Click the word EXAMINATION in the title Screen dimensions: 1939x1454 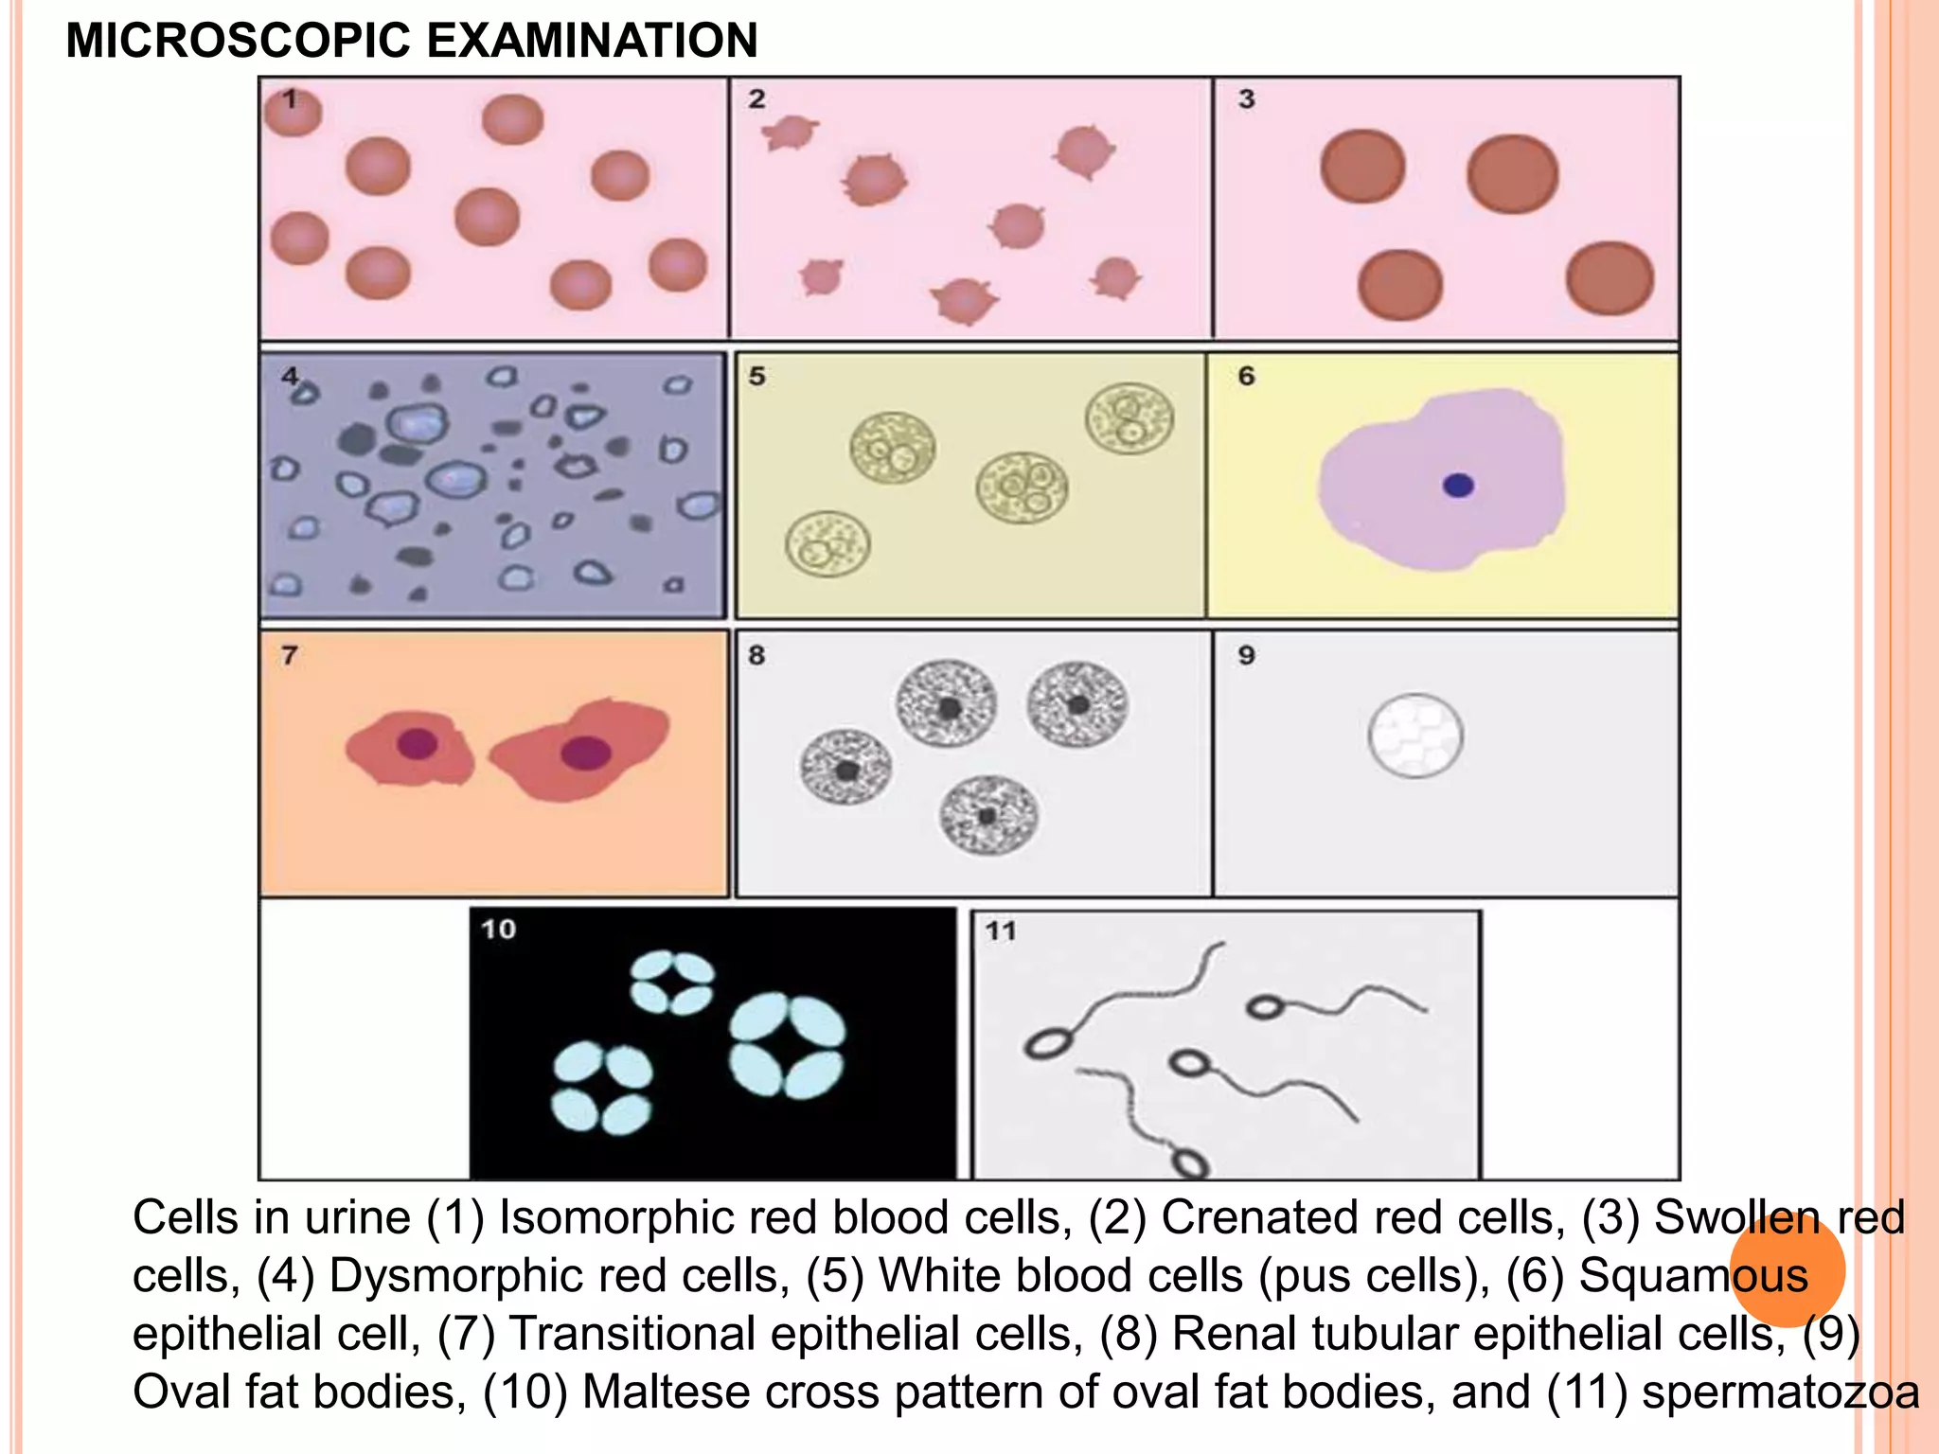[x=592, y=41]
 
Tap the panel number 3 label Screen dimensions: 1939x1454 [x=1247, y=98]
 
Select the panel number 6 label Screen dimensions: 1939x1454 [x=1247, y=376]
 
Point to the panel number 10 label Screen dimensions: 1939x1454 [x=499, y=929]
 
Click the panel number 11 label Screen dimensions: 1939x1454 [x=1001, y=931]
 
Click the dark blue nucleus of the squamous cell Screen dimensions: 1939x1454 [x=1458, y=486]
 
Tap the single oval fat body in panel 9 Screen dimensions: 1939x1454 [x=1415, y=736]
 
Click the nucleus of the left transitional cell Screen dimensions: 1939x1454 [x=418, y=744]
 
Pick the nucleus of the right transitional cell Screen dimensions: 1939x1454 [x=586, y=753]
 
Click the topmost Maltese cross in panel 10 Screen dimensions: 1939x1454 [x=672, y=983]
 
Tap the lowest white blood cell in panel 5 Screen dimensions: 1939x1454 [x=827, y=543]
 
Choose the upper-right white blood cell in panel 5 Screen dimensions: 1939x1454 [x=1130, y=417]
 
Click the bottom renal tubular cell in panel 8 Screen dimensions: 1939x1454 [x=988, y=814]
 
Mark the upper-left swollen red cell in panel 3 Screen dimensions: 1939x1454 [x=1363, y=167]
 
